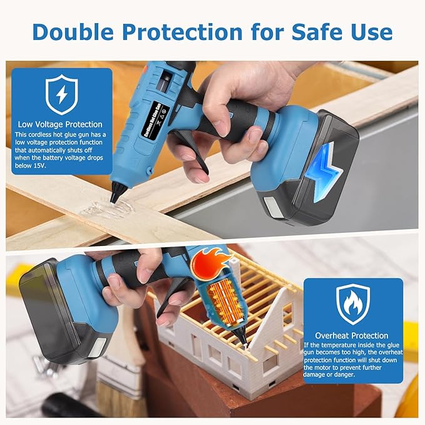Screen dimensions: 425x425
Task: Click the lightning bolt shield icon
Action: point(61,94)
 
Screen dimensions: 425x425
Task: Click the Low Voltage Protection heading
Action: point(60,124)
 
